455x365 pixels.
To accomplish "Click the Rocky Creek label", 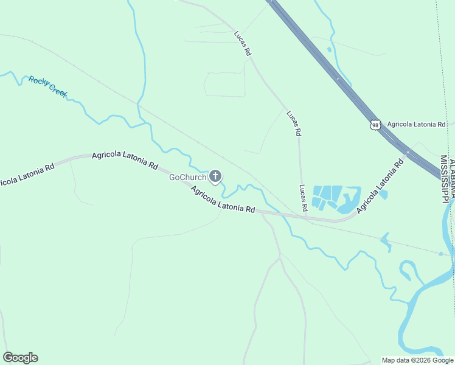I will [47, 87].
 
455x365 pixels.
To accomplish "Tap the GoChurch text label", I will [188, 177].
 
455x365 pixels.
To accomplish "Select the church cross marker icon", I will [215, 176].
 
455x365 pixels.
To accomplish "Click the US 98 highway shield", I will [375, 124].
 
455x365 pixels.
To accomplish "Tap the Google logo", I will [20, 358].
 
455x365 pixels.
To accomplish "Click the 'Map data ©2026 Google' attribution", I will [418, 360].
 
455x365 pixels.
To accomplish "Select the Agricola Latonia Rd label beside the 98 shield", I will [416, 124].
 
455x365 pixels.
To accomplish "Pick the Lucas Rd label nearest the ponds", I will [303, 198].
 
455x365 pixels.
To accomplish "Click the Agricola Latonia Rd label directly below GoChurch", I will [223, 200].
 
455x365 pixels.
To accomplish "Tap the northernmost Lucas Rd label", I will [242, 44].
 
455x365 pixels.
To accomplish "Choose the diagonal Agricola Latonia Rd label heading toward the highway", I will [380, 186].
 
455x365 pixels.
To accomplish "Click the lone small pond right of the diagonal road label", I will [384, 195].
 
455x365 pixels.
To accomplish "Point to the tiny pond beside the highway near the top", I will [329, 49].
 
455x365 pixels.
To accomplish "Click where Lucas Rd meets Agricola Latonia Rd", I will [305, 217].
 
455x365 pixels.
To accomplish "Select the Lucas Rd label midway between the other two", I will [294, 123].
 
